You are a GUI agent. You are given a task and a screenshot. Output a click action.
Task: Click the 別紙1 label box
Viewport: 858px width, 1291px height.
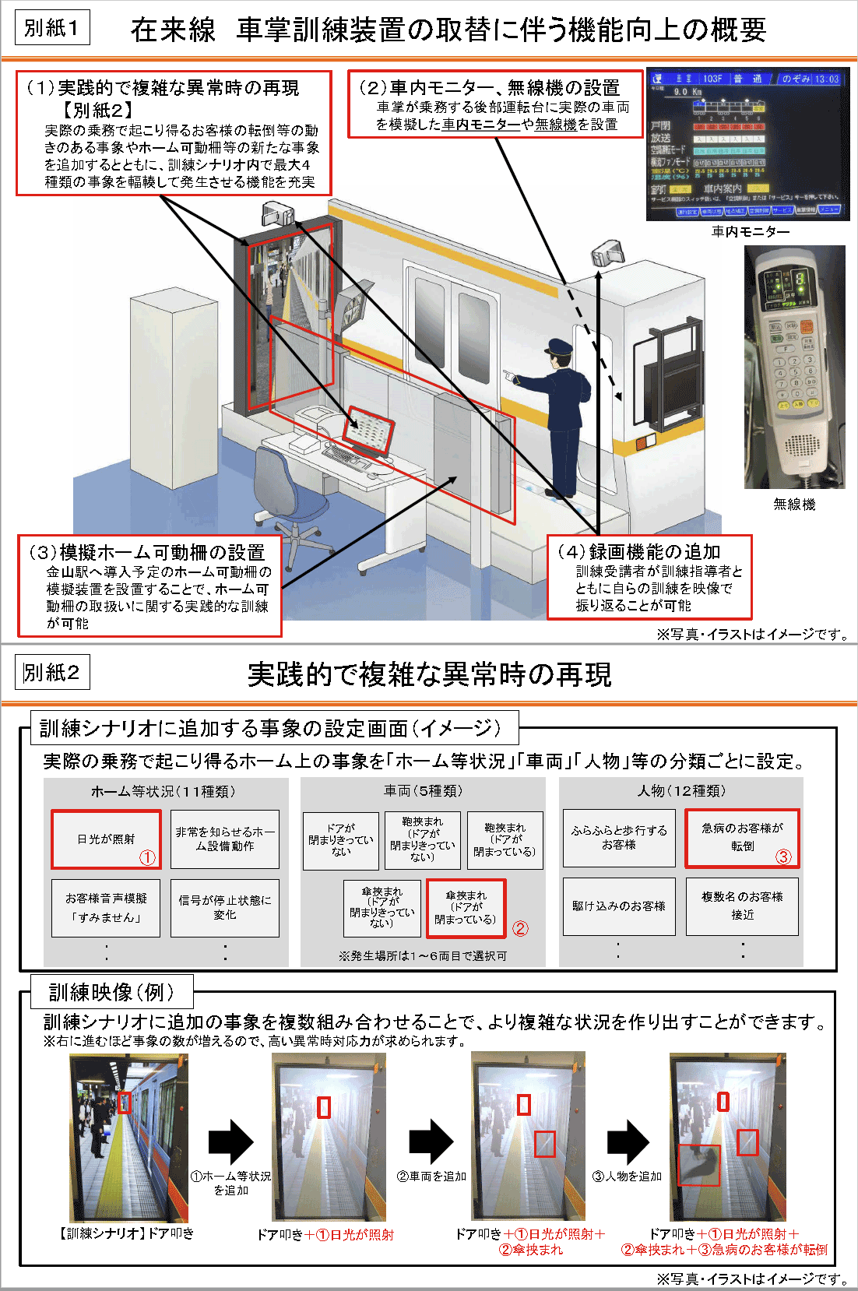click(52, 28)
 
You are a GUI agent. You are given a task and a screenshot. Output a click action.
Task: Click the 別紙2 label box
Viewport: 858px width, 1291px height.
click(52, 673)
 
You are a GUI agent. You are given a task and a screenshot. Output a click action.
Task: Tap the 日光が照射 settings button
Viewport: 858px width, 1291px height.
click(106, 839)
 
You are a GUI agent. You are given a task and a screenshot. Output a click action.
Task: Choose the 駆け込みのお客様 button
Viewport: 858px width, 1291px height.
click(619, 906)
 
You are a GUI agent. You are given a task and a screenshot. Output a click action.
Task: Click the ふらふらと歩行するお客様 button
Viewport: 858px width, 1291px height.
click(619, 838)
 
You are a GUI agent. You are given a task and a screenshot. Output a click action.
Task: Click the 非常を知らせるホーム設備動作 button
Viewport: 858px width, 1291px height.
click(225, 839)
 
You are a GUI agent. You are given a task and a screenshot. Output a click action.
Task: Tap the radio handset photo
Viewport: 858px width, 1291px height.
click(794, 367)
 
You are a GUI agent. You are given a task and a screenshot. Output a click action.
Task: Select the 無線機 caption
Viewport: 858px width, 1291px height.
click(794, 505)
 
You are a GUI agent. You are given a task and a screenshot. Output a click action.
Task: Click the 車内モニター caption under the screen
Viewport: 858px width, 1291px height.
click(751, 232)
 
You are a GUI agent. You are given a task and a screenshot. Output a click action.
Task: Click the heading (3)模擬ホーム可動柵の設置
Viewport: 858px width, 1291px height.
click(148, 553)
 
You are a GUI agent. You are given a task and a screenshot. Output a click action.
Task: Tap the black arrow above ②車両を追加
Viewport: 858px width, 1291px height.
click(431, 1141)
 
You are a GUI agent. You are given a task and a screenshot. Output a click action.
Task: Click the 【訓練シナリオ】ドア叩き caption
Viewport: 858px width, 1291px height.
click(127, 1233)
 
